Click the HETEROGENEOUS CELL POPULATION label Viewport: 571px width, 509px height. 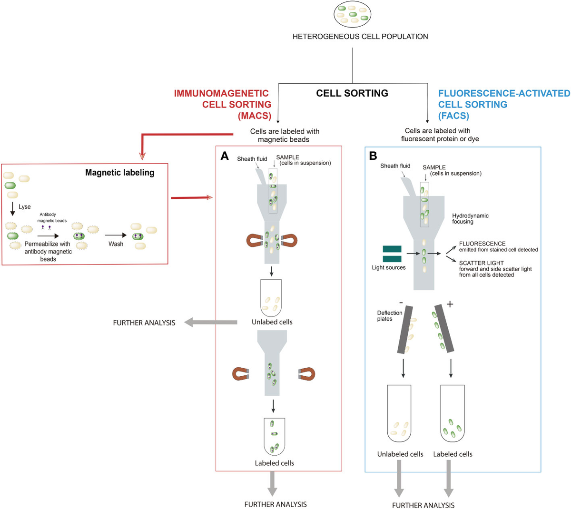tap(360, 37)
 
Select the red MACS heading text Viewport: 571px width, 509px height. tap(223, 104)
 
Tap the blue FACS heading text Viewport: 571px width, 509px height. tap(503, 104)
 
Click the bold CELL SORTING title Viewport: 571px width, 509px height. tap(352, 93)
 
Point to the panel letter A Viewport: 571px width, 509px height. tap(225, 157)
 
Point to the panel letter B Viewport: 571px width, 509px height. tap(373, 156)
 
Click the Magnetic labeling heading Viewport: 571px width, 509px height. tap(120, 173)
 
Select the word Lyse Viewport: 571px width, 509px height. tap(25, 207)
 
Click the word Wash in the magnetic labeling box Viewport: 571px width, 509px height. tap(116, 244)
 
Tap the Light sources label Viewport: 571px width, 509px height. tap(389, 268)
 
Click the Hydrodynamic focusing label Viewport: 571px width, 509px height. tap(470, 219)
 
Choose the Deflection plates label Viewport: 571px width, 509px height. tap(390, 316)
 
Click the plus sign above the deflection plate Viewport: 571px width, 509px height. tap(450, 304)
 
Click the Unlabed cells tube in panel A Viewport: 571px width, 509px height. tap(271, 298)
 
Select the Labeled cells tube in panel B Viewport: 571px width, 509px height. tap(453, 413)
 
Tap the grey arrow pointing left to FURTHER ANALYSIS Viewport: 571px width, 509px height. tap(209, 323)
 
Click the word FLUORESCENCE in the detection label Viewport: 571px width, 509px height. tap(482, 244)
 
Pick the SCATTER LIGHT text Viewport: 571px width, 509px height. tap(481, 263)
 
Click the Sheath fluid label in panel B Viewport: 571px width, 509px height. tap(395, 166)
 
